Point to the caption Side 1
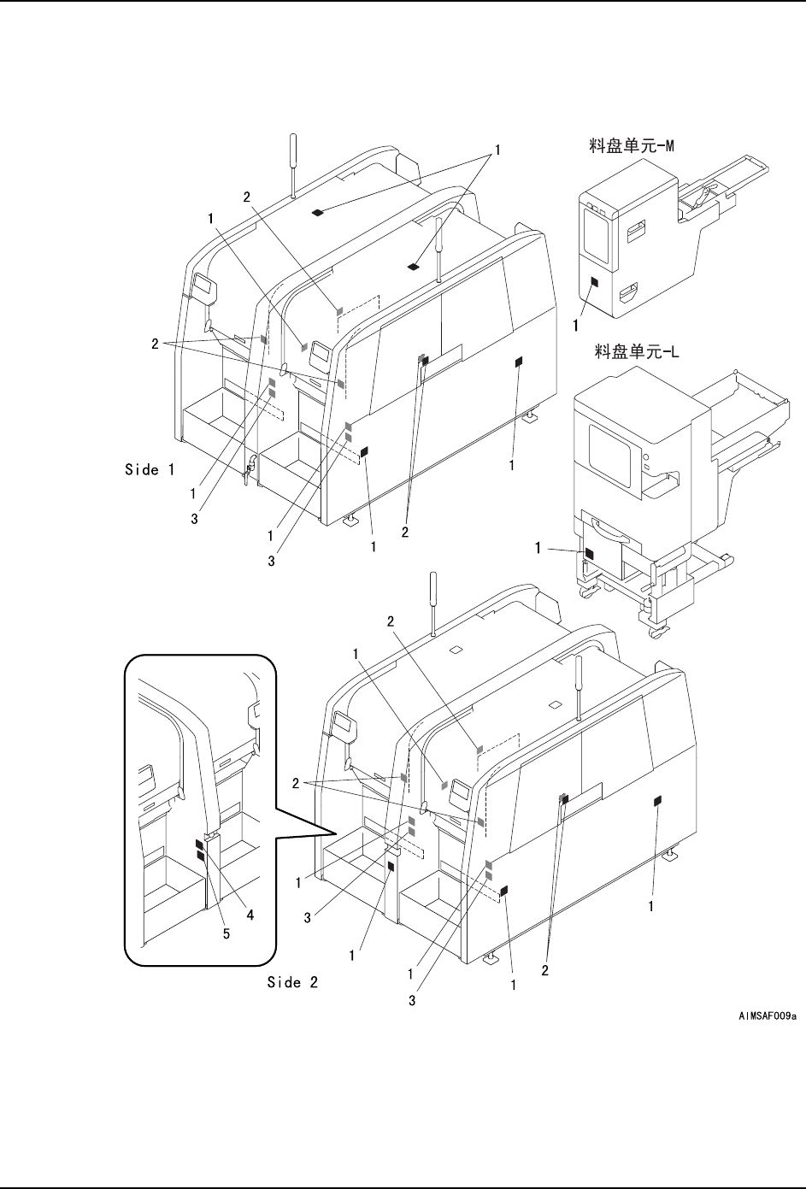click(x=150, y=469)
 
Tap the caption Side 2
click(x=292, y=982)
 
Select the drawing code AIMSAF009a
click(x=768, y=1016)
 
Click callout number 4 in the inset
click(x=250, y=914)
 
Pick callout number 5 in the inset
click(x=227, y=934)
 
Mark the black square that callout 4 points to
click(x=200, y=845)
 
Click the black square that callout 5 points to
click(x=200, y=856)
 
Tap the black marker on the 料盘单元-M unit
click(x=596, y=282)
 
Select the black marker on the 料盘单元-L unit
click(x=588, y=553)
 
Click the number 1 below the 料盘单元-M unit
click(x=576, y=325)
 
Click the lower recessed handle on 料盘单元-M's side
click(x=627, y=293)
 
